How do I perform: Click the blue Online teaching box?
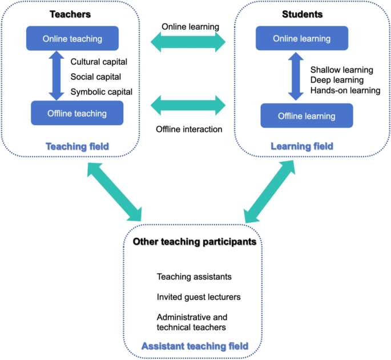[x=72, y=39]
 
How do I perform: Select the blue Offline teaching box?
[x=76, y=113]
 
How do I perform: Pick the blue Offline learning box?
[x=307, y=116]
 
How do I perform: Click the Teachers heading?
[x=72, y=13]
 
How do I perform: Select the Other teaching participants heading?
[x=195, y=242]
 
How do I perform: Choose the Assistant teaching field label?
[x=195, y=346]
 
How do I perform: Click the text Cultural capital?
[x=99, y=62]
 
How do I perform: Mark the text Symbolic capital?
[x=102, y=91]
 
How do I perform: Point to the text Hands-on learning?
[x=345, y=90]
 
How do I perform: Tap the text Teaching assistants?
[x=194, y=277]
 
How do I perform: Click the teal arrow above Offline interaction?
[x=188, y=106]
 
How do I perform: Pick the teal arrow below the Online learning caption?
[x=188, y=42]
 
